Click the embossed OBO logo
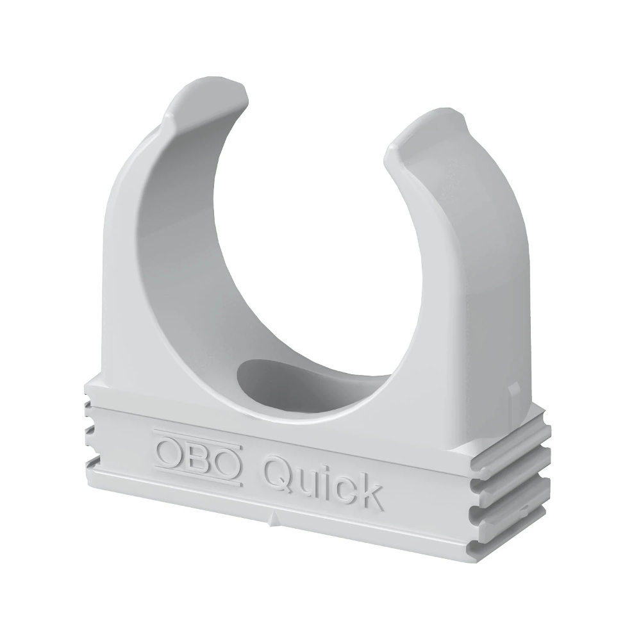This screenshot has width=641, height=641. [x=197, y=460]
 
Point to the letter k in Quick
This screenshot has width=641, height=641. [x=371, y=492]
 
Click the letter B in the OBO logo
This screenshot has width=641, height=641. [x=198, y=460]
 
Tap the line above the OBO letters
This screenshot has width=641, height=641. [x=197, y=437]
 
